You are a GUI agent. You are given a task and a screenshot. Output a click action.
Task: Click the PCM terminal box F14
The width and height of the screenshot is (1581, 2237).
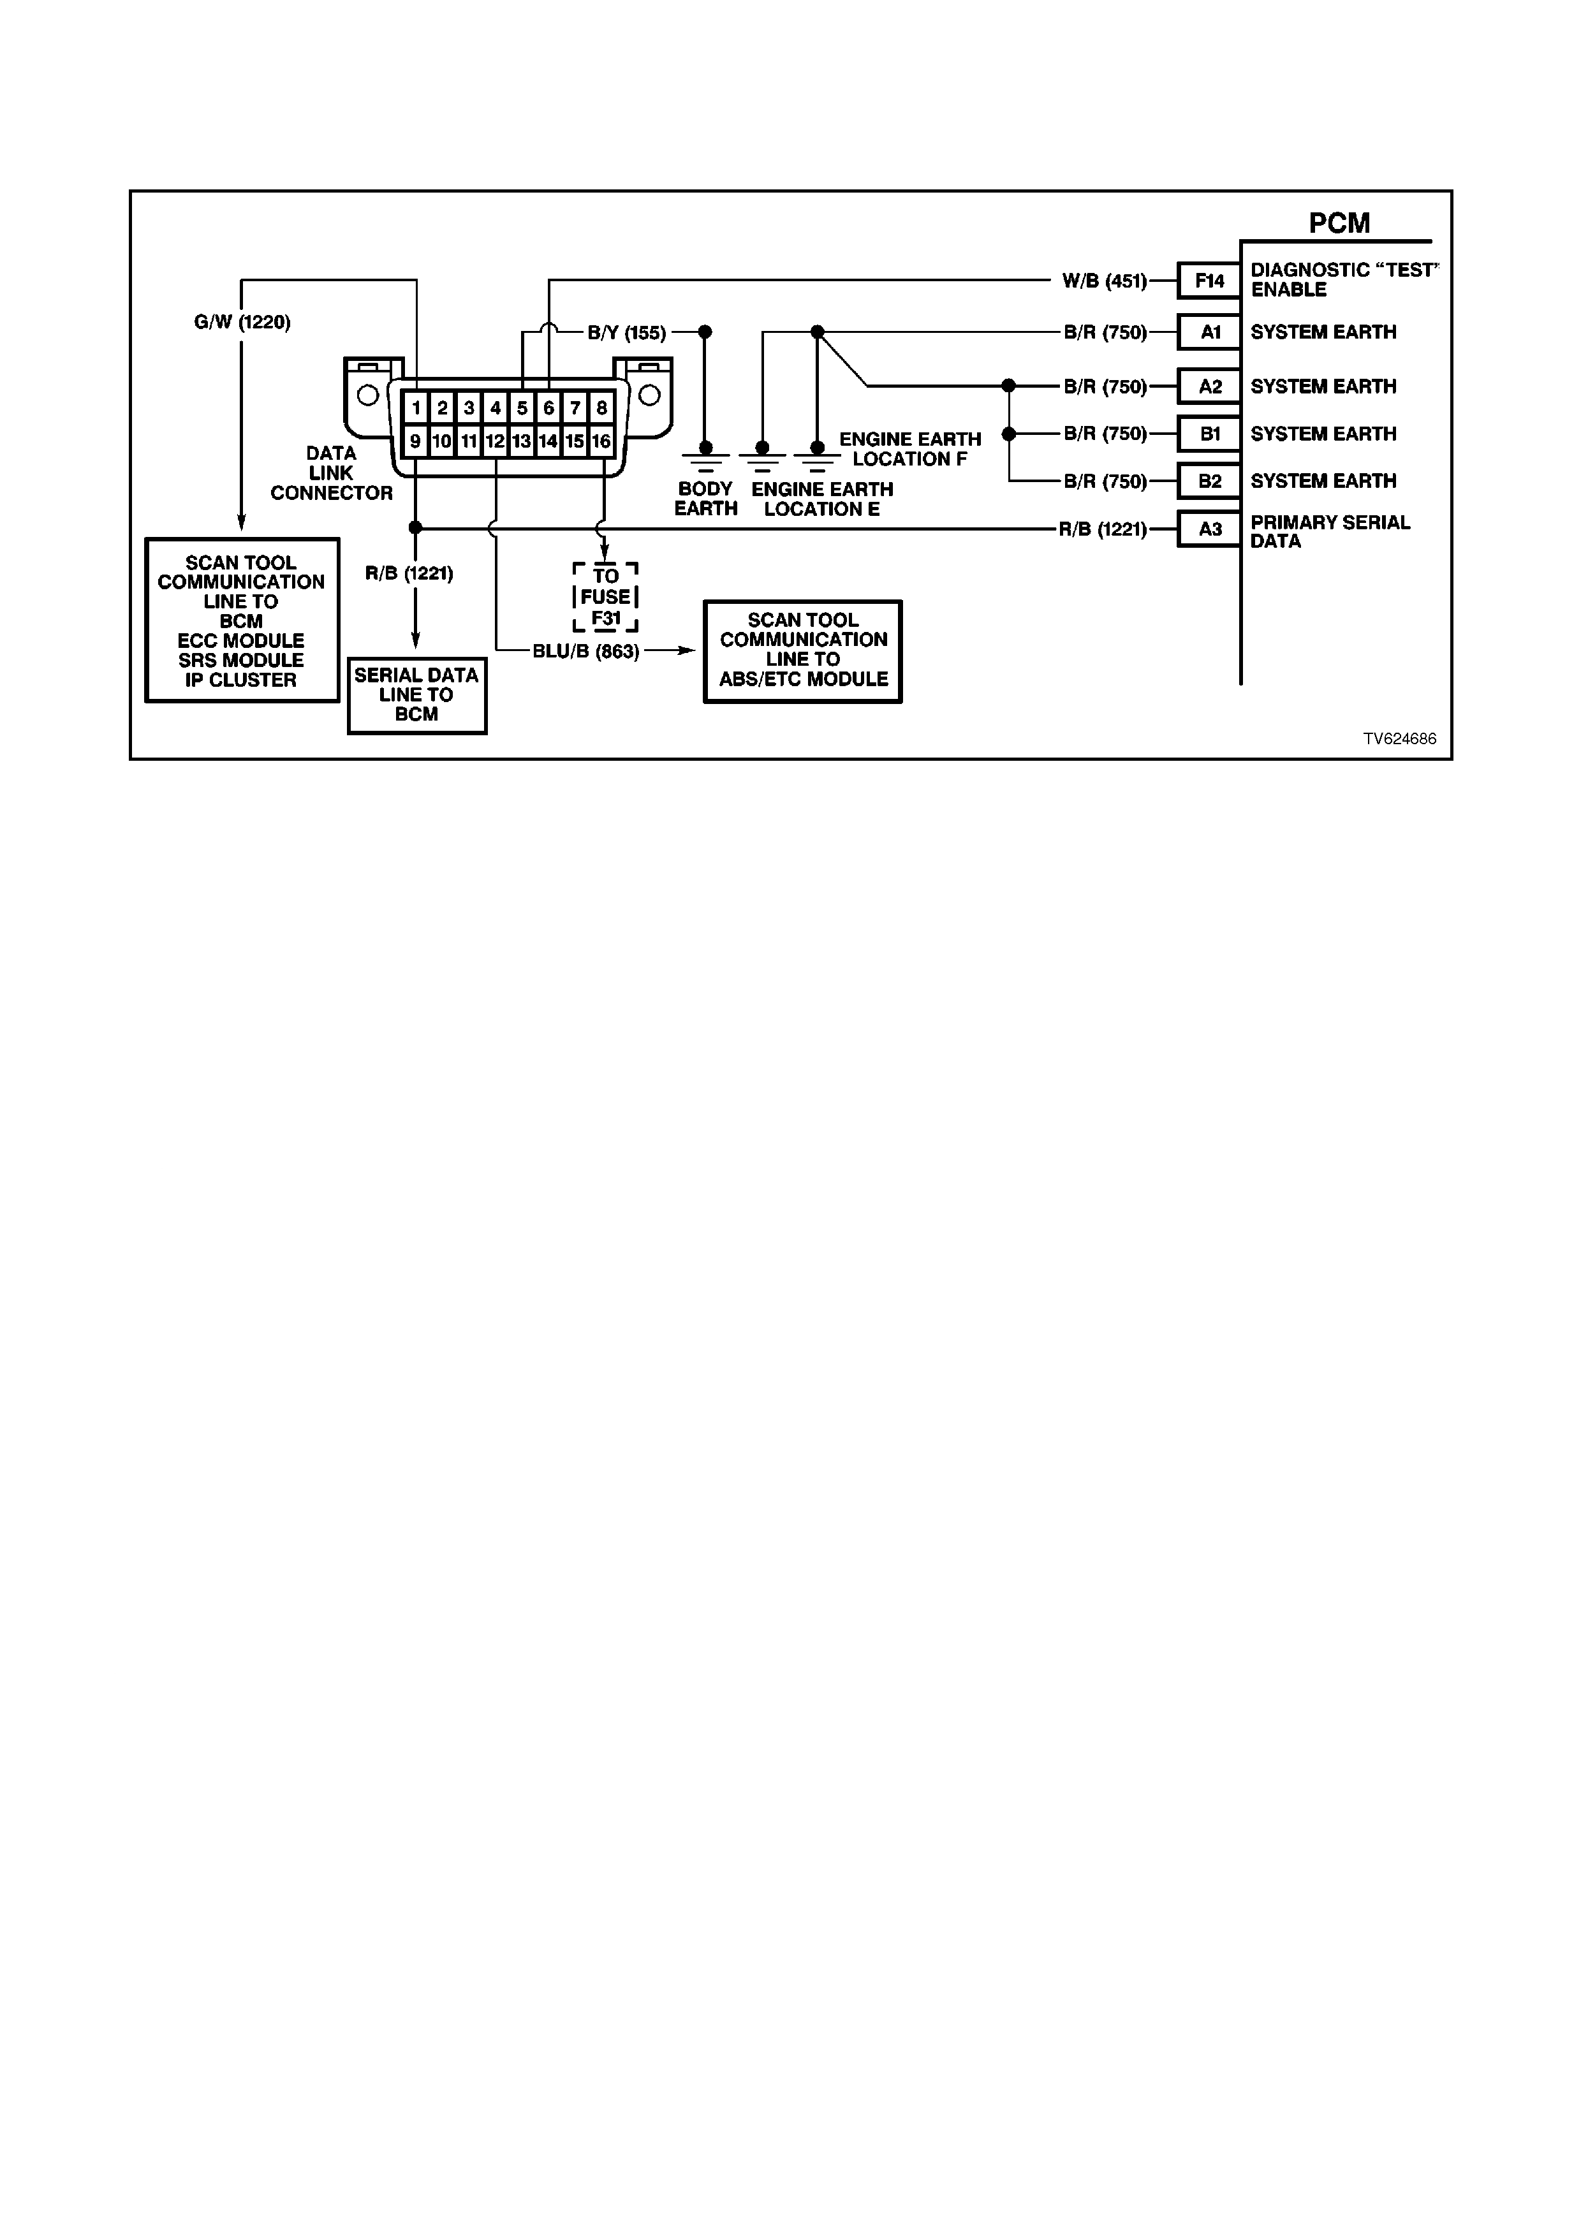(x=1209, y=281)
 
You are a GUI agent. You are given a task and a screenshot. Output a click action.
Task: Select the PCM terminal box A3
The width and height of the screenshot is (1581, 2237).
(x=1209, y=529)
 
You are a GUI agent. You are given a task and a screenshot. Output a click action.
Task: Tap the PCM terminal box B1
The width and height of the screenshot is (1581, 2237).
(x=1209, y=434)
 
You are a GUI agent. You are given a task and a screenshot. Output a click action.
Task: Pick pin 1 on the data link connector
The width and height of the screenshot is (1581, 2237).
(x=416, y=408)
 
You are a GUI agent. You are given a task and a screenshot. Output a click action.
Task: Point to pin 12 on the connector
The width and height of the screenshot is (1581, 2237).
(x=496, y=441)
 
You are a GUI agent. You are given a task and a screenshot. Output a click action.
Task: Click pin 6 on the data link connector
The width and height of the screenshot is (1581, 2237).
(x=548, y=408)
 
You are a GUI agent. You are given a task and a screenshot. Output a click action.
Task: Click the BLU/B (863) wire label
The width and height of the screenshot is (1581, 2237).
(x=585, y=652)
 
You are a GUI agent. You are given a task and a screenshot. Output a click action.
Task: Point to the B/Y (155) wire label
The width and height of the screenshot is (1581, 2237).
(x=626, y=334)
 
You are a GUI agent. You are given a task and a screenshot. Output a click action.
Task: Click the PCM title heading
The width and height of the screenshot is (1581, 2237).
(x=1339, y=223)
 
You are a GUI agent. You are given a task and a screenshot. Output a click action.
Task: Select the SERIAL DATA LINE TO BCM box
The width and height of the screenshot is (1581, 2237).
(x=417, y=696)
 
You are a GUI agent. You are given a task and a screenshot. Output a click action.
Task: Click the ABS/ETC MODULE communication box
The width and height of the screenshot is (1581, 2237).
(x=803, y=651)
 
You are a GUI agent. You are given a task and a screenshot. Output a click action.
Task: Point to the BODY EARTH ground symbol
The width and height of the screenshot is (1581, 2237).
(x=705, y=456)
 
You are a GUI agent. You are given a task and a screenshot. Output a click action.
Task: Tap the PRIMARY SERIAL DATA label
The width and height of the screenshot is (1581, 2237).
(x=1330, y=532)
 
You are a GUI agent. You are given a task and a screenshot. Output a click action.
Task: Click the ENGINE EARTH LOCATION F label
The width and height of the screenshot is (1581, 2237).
(x=910, y=449)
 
